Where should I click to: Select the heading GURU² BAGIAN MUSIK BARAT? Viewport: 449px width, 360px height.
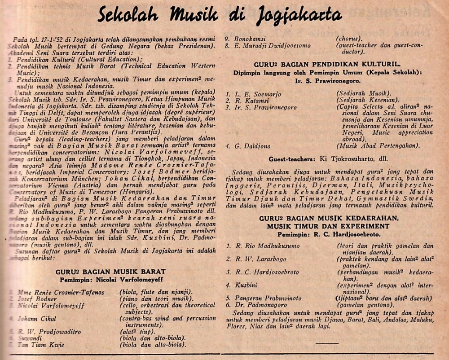tap(111, 271)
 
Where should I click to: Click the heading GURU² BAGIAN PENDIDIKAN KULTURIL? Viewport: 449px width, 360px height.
tap(326, 64)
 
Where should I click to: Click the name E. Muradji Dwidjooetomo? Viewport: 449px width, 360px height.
tap(268, 45)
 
